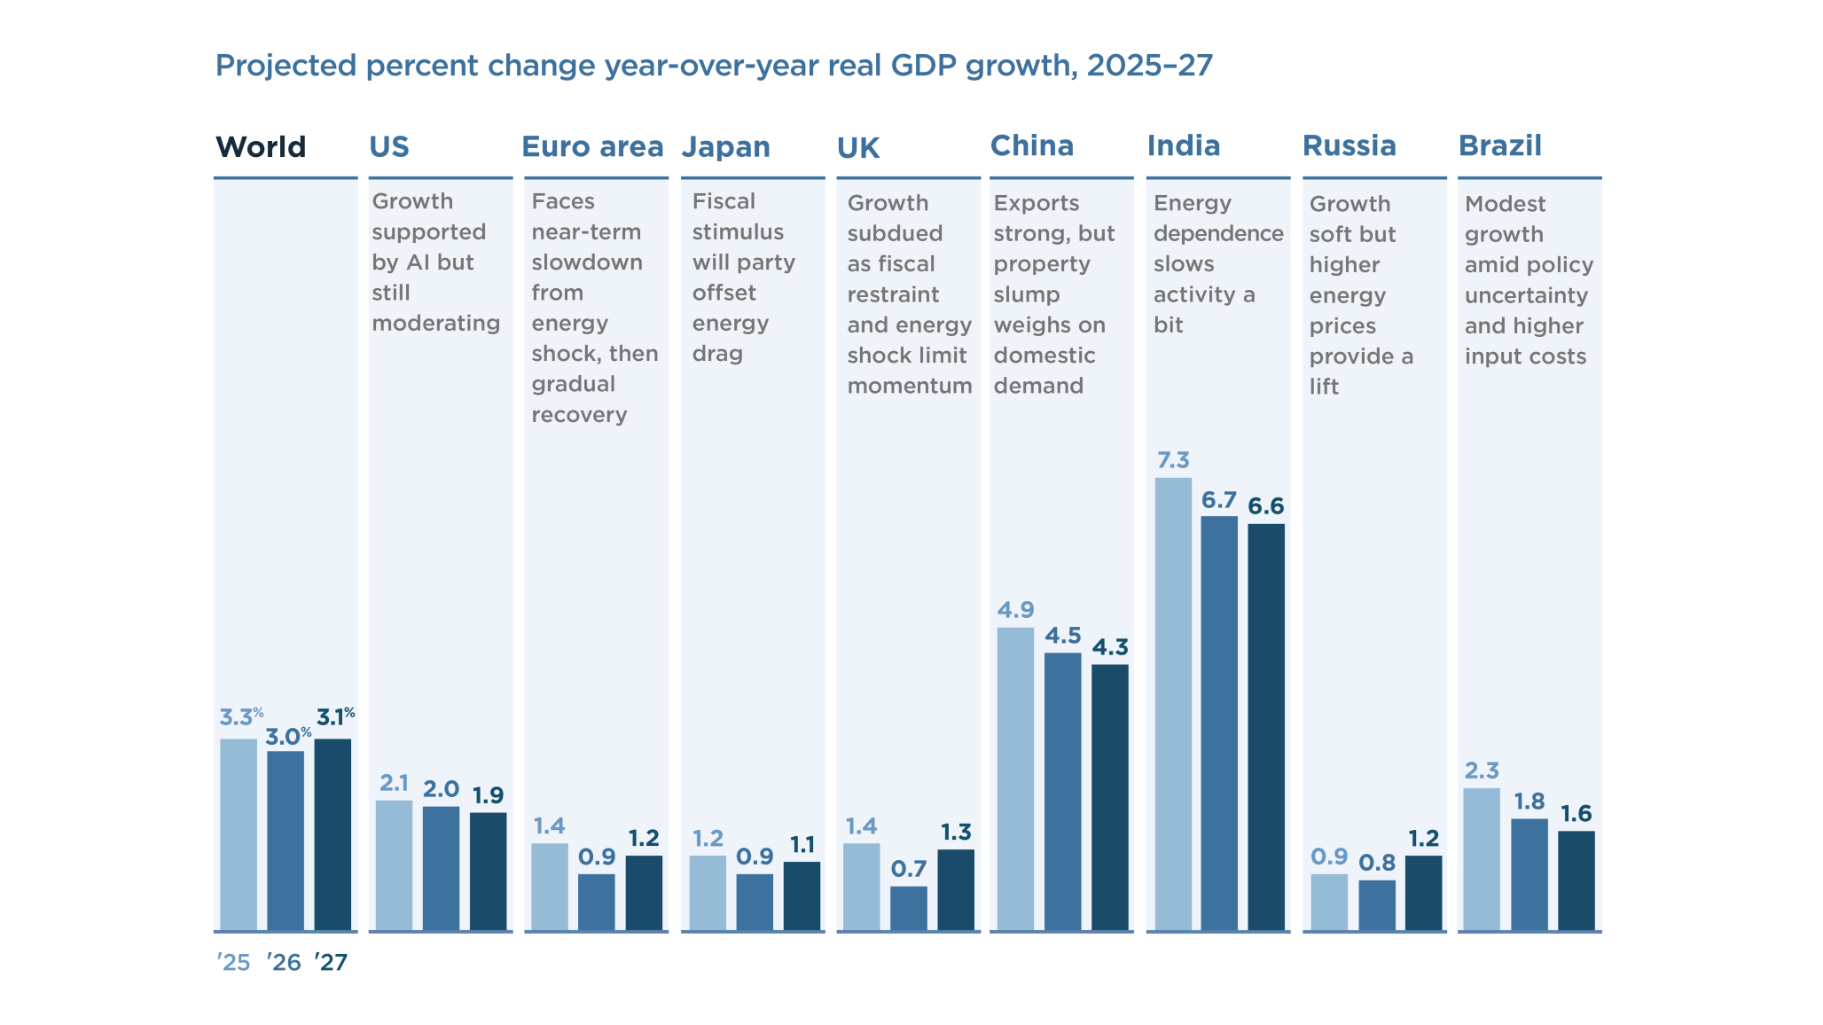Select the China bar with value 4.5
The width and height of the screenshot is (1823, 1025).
1062,791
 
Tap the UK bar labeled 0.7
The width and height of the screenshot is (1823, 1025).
908,908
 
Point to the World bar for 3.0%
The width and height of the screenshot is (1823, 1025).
285,841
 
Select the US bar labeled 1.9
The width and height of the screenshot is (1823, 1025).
488,871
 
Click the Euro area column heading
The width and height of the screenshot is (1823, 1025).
592,146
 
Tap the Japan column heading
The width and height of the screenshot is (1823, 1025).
725,146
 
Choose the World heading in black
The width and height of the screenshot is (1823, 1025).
261,146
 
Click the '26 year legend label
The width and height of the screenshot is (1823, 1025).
284,962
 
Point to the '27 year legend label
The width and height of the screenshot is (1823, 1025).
331,962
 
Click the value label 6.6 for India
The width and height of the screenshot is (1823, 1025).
1265,506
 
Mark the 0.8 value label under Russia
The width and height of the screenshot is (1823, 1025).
1376,863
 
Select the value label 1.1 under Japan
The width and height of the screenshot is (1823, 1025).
802,844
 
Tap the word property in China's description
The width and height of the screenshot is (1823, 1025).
1042,264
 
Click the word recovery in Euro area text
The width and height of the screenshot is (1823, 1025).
579,415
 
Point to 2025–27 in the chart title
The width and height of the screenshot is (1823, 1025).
1149,66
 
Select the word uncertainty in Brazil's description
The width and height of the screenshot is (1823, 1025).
1526,295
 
